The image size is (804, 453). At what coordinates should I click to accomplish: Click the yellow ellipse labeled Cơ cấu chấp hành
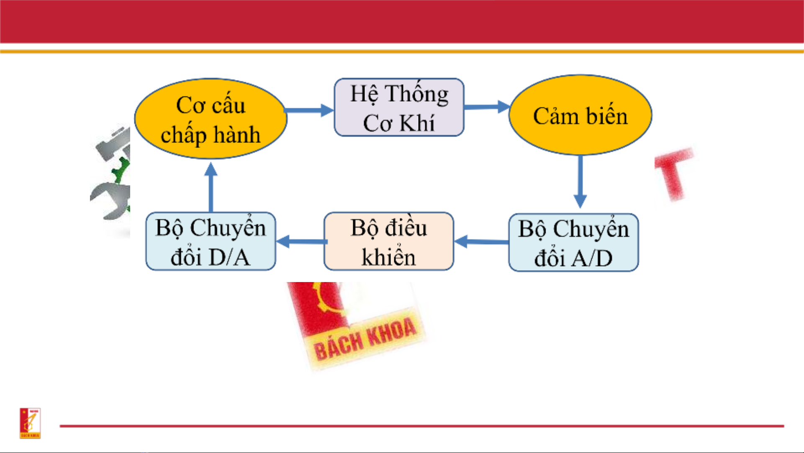tap(211, 119)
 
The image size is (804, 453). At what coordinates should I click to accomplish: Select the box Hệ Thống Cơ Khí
tap(399, 107)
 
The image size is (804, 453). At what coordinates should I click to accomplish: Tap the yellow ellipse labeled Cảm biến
tap(580, 115)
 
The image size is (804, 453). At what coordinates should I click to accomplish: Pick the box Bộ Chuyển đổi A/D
tap(573, 243)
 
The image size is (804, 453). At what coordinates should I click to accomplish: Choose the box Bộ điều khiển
tap(389, 241)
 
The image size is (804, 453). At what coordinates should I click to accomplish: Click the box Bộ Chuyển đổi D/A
tap(211, 241)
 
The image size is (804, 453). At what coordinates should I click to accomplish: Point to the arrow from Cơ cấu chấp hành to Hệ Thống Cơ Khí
tap(309, 110)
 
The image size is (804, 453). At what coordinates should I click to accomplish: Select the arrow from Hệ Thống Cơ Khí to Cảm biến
tap(487, 107)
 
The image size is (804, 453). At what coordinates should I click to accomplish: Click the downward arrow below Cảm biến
tap(580, 182)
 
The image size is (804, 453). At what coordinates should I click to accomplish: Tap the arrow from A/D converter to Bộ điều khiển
tap(481, 241)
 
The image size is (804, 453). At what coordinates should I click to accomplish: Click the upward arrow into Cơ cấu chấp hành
tap(211, 187)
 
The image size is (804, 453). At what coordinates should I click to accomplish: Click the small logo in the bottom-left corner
tap(30, 423)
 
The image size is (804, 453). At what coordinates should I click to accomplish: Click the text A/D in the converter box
tap(592, 258)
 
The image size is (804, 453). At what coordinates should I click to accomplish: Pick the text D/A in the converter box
tap(229, 257)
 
